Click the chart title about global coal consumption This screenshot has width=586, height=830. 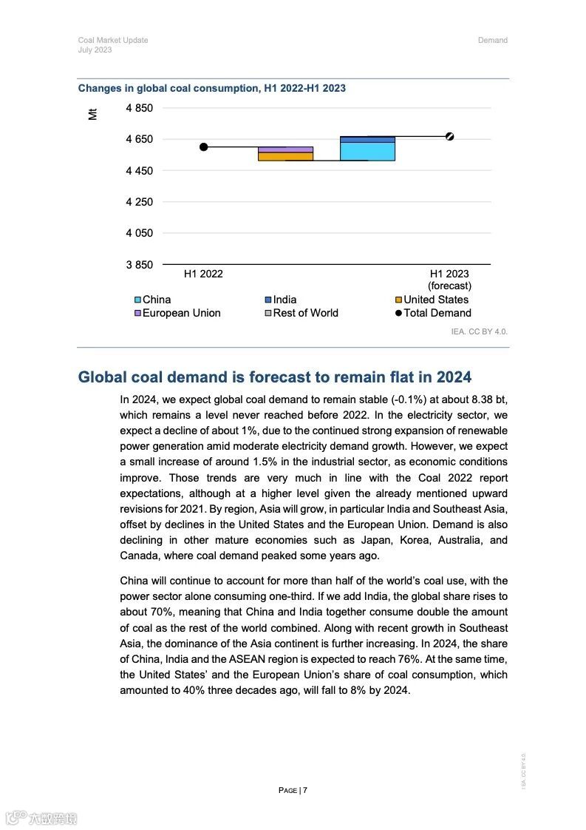point(211,88)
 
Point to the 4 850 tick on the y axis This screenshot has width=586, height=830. point(139,108)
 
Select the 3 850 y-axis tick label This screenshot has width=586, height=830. point(139,264)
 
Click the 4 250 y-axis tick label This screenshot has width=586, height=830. point(139,202)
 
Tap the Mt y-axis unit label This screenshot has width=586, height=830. point(92,114)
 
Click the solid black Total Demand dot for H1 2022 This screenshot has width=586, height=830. point(203,147)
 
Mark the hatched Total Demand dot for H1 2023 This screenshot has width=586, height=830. point(449,136)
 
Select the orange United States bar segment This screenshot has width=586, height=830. point(285,156)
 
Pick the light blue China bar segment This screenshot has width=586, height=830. point(367,151)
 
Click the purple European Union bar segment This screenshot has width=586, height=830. point(285,149)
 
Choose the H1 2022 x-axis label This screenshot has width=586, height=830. point(203,274)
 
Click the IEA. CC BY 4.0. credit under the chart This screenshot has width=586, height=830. point(479,331)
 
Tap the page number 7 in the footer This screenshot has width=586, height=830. point(304,790)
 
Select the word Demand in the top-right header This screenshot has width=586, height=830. point(492,40)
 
